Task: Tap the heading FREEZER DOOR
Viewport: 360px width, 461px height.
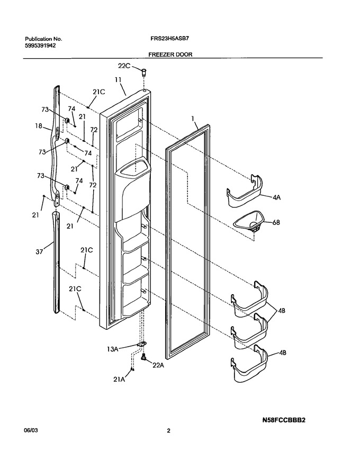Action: point(170,55)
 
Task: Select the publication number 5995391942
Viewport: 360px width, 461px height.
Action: point(40,46)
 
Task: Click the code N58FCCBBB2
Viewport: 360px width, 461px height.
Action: point(284,420)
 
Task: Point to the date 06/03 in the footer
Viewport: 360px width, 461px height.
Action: point(31,431)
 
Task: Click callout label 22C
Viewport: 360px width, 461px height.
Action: point(124,66)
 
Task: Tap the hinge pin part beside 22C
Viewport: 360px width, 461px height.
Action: point(144,71)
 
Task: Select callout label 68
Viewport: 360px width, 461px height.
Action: point(276,222)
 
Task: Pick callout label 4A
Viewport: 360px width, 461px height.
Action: point(276,197)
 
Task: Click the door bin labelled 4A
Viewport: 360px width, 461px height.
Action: point(245,191)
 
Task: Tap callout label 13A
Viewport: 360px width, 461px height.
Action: point(112,349)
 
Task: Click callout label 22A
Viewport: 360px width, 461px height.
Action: point(158,365)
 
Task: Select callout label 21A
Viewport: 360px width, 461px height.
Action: point(119,379)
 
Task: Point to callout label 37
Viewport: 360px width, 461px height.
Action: point(39,251)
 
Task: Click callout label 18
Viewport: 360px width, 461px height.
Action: point(39,126)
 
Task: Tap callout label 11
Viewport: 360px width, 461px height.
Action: point(118,79)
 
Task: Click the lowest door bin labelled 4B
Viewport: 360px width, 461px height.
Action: point(249,364)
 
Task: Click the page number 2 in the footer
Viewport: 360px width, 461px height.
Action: point(168,431)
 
